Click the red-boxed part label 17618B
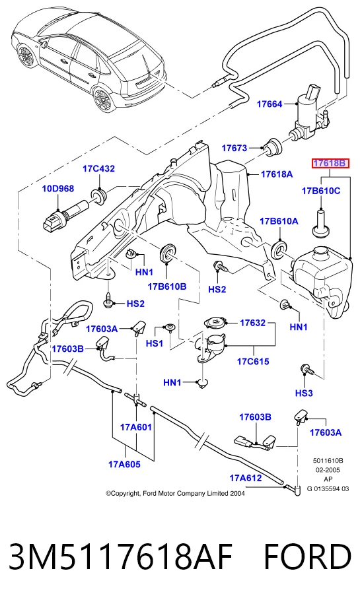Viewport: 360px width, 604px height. click(x=330, y=163)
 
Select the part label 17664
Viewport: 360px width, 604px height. click(x=270, y=104)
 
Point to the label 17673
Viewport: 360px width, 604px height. click(x=234, y=148)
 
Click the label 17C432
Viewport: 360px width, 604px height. click(x=98, y=169)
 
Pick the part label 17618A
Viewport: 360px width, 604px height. click(x=277, y=174)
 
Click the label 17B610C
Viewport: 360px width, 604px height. click(x=321, y=191)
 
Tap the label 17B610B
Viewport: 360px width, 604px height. click(x=167, y=286)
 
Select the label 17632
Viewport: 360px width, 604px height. click(x=253, y=323)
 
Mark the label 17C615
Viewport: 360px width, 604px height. click(x=253, y=361)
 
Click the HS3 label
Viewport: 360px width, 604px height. click(x=304, y=393)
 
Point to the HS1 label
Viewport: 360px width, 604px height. click(x=155, y=343)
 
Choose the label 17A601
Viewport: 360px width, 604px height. click(x=136, y=427)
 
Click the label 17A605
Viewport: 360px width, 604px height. click(x=124, y=464)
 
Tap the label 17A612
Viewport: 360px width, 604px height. click(x=246, y=478)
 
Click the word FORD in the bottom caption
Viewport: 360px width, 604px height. click(x=308, y=556)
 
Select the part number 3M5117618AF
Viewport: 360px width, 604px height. click(x=121, y=556)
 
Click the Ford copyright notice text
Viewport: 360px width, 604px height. click(x=175, y=494)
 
